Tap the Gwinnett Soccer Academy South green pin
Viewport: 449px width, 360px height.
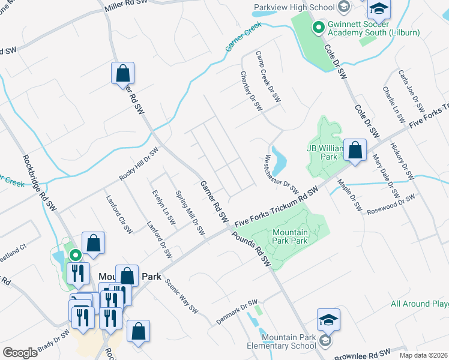coord(318,27)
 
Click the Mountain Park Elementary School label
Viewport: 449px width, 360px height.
coord(281,341)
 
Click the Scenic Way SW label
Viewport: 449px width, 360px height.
coord(181,296)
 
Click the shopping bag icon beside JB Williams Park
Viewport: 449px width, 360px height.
coord(355,150)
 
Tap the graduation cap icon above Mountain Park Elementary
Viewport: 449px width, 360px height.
coord(329,319)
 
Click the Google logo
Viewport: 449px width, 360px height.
coord(20,353)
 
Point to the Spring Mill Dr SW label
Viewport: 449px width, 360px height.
coord(190,212)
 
